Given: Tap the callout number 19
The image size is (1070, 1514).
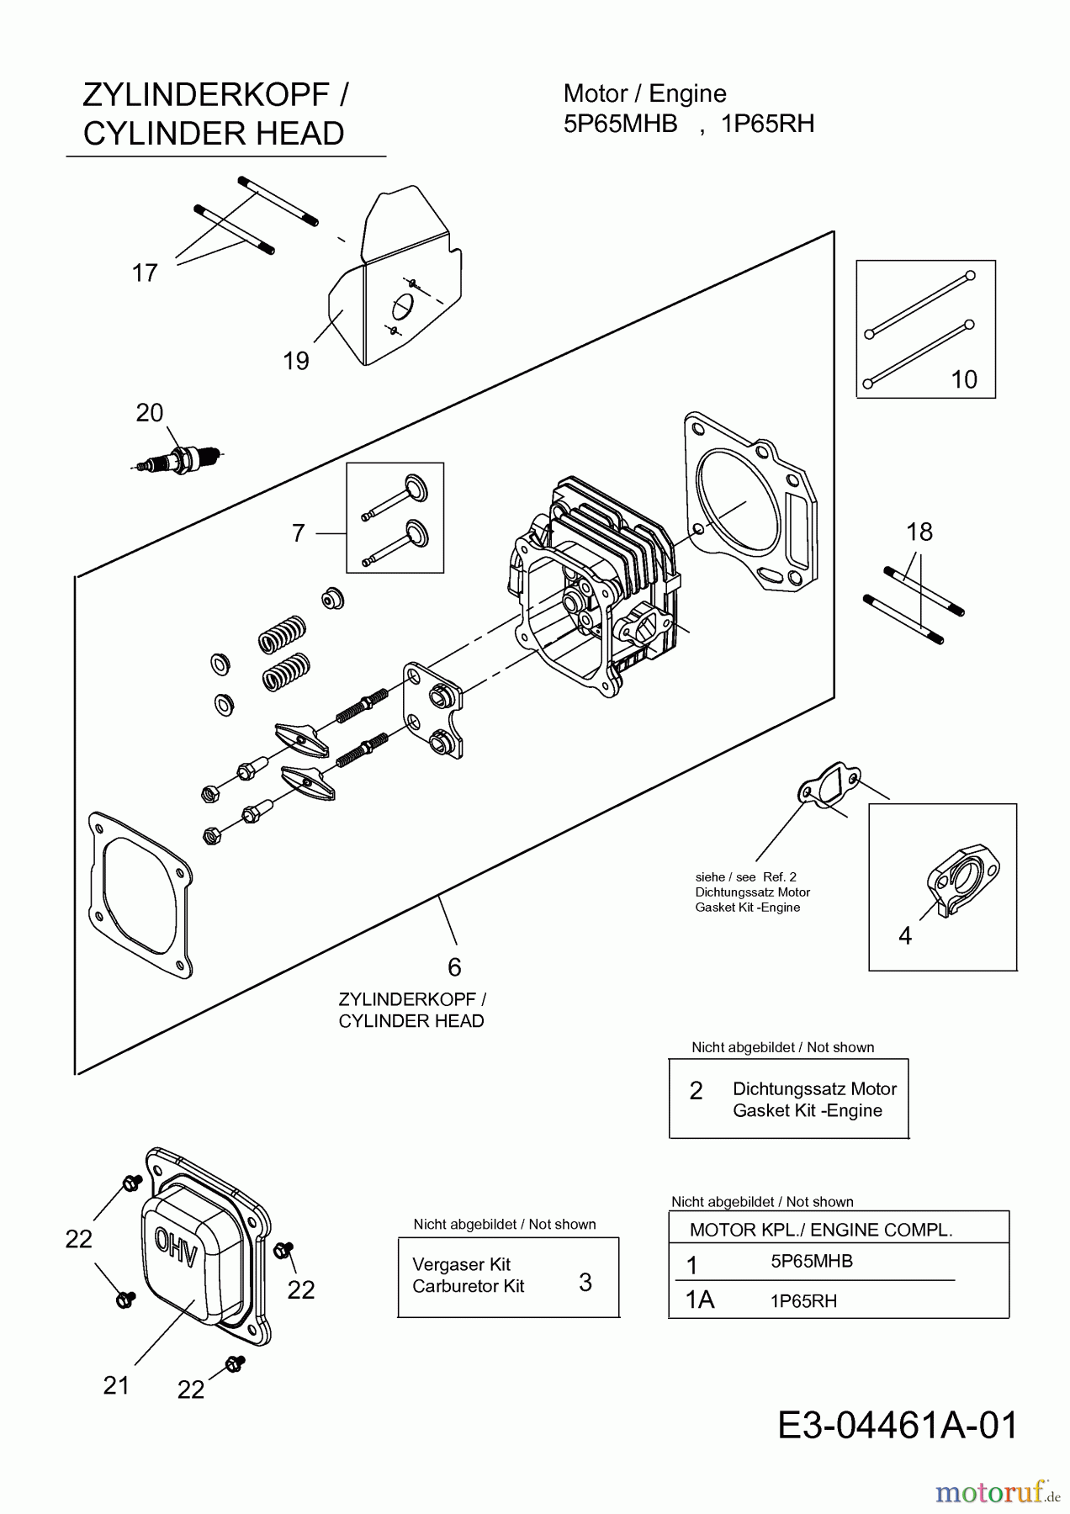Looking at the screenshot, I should pyautogui.click(x=296, y=361).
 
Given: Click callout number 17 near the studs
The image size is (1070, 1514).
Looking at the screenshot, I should pyautogui.click(x=145, y=273).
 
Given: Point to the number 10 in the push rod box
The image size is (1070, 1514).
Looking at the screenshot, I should pyautogui.click(x=964, y=379).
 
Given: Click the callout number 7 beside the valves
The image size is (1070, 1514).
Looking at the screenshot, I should pyautogui.click(x=298, y=533).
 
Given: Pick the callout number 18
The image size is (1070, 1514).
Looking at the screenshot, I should pyautogui.click(x=919, y=532).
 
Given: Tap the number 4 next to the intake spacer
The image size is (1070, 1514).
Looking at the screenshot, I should pyautogui.click(x=905, y=935).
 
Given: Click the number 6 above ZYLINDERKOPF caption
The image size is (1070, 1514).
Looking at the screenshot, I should pyautogui.click(x=454, y=967).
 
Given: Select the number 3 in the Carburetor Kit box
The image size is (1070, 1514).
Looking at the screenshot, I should pyautogui.click(x=585, y=1282).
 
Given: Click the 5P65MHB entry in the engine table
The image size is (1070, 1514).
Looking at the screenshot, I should pyautogui.click(x=812, y=1261).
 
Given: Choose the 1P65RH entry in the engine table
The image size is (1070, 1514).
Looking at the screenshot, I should pyautogui.click(x=803, y=1300).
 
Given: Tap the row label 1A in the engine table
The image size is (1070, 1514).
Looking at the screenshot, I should pyautogui.click(x=700, y=1300).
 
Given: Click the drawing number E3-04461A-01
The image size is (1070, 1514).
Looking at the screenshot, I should pyautogui.click(x=898, y=1425).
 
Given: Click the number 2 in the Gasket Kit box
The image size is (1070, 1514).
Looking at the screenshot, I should pyautogui.click(x=696, y=1091).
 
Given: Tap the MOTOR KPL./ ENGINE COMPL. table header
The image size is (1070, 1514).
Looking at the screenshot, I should pyautogui.click(x=821, y=1230).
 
